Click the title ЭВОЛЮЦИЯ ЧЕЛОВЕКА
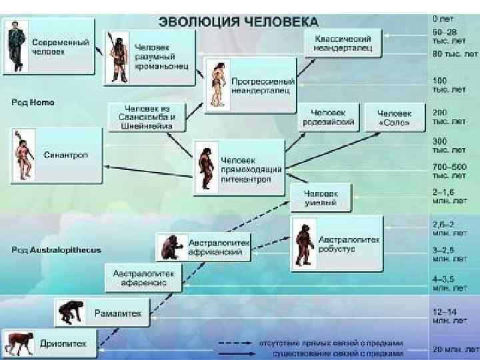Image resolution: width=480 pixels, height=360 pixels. [238, 20]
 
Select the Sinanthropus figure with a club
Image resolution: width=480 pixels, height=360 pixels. [22, 155]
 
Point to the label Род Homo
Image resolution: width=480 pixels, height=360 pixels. [33, 103]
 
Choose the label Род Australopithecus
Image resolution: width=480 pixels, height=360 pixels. [56, 250]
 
